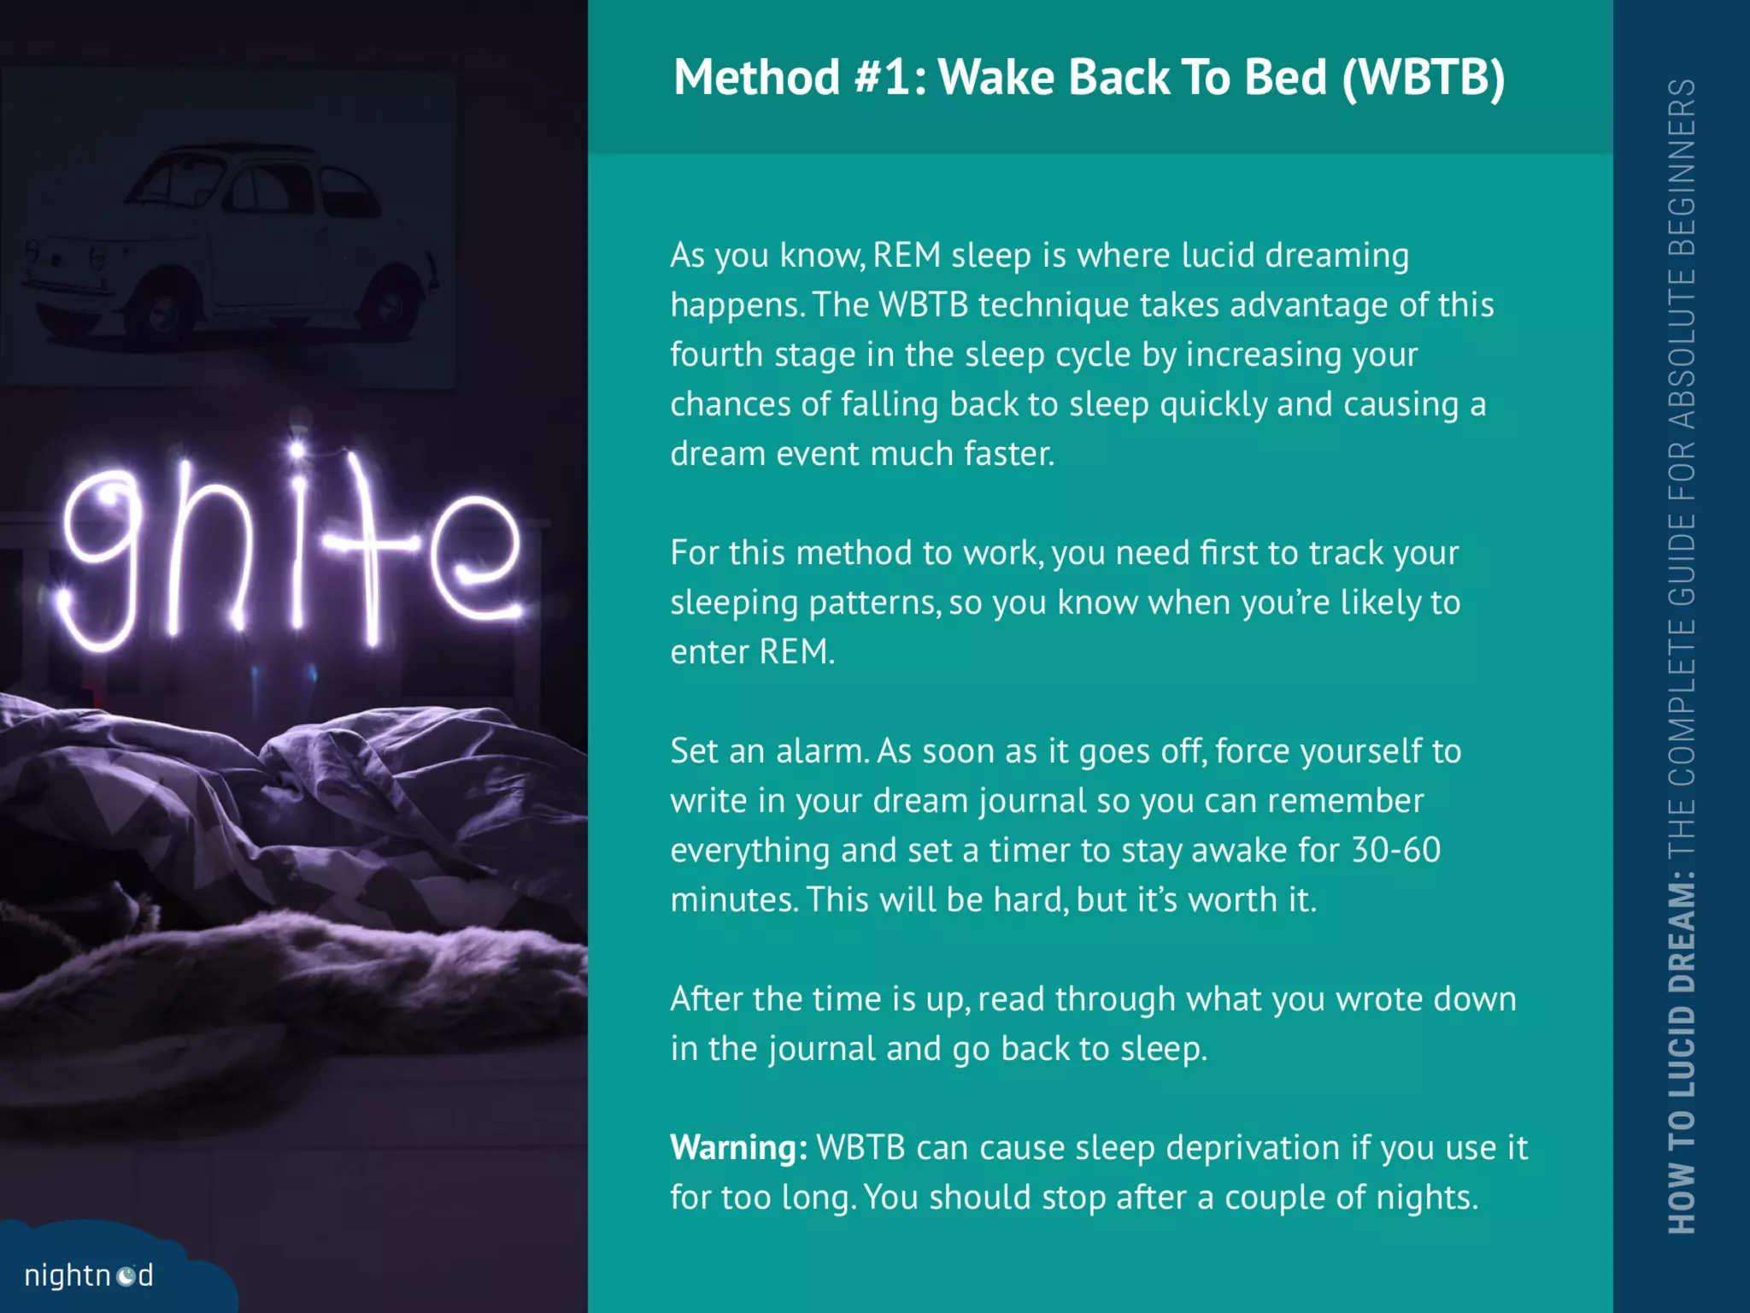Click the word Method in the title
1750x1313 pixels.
(x=756, y=78)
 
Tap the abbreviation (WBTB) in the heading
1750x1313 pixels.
(x=1424, y=79)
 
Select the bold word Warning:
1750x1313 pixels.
(x=738, y=1148)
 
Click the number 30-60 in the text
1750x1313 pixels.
(x=1396, y=851)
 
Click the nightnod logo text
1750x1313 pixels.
(x=88, y=1275)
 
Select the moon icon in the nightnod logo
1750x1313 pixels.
(x=126, y=1276)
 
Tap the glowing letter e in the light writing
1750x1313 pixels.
(x=475, y=556)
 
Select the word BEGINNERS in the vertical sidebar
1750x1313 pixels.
(x=1682, y=168)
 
